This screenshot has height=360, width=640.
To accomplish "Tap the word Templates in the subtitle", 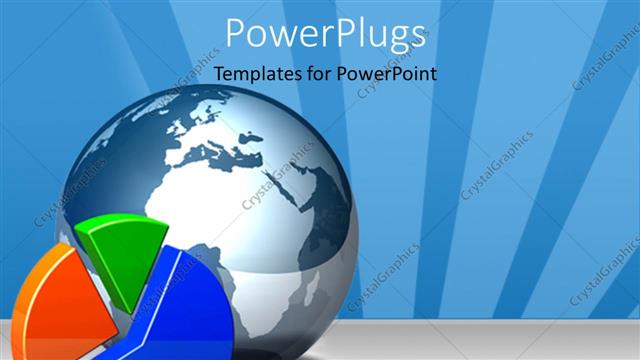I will [253, 73].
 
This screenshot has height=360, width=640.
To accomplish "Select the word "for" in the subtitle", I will [318, 73].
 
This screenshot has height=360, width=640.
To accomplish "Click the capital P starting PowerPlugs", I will [237, 32].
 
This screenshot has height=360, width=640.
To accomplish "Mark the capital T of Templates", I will [220, 73].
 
